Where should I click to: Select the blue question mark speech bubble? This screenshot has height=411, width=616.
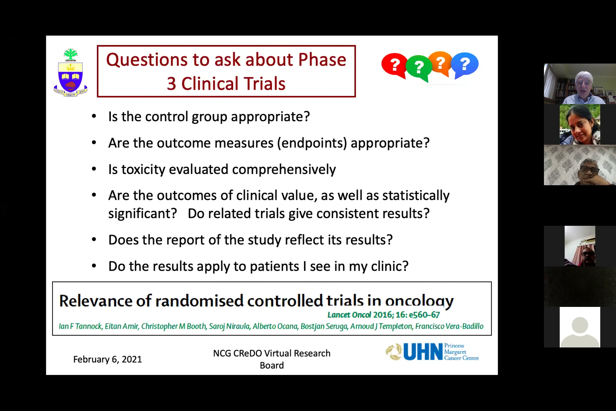click(x=465, y=64)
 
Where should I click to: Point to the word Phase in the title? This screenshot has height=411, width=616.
click(x=322, y=59)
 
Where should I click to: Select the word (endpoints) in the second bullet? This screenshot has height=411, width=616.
click(x=312, y=143)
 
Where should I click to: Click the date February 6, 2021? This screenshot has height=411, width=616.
click(x=107, y=359)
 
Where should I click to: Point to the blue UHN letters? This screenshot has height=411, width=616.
click(x=423, y=352)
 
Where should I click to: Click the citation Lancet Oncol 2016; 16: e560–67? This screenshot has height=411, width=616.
click(x=383, y=315)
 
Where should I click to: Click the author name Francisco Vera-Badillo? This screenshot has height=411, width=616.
click(x=449, y=326)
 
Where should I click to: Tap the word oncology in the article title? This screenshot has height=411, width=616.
click(x=419, y=301)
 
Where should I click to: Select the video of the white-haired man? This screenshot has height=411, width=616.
click(x=580, y=84)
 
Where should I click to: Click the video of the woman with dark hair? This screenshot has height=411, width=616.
click(x=580, y=125)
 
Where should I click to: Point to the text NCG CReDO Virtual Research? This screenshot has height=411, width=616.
click(x=272, y=353)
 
